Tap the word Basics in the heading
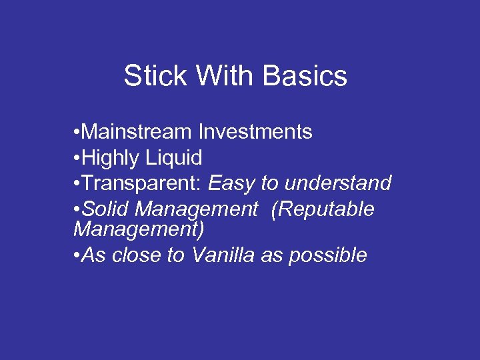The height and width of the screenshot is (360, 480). coord(305,76)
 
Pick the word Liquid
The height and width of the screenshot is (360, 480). coord(174,158)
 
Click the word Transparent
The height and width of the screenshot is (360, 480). coord(141,183)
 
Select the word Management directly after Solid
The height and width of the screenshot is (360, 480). coord(196,209)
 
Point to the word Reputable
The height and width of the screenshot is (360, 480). coord(323,209)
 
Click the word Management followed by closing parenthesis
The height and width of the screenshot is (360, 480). coord(139,230)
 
